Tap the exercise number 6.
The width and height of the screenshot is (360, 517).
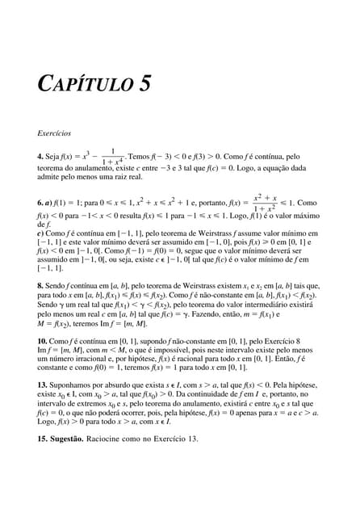[x=40, y=204]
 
